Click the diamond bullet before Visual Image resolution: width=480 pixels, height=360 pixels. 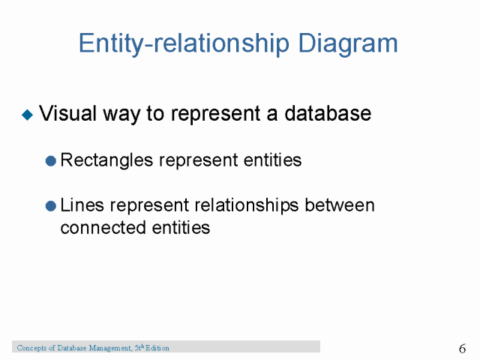[x=28, y=115]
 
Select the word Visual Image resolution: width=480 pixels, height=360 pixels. [x=65, y=114]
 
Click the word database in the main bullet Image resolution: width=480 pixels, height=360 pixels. [x=328, y=114]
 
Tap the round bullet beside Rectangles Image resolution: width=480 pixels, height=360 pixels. [x=50, y=160]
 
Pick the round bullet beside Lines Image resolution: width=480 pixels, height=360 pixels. [x=50, y=205]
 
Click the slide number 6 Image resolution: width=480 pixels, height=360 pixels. [x=462, y=349]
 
